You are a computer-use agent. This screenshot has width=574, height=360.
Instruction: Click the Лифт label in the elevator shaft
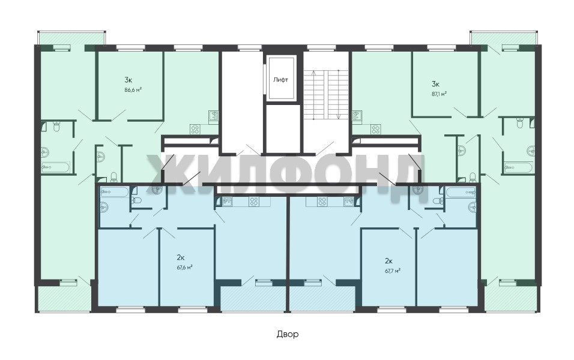(281, 79)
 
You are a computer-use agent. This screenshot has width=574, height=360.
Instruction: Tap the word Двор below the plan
(288, 334)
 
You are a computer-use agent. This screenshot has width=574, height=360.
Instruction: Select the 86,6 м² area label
(133, 89)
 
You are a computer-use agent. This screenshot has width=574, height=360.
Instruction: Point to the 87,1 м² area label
(440, 94)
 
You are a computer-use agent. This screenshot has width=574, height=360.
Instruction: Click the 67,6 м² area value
(185, 267)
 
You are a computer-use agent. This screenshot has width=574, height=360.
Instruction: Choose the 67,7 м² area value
(392, 271)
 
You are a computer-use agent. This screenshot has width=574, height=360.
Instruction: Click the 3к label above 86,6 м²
(128, 79)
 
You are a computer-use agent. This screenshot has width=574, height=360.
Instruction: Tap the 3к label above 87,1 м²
(436, 84)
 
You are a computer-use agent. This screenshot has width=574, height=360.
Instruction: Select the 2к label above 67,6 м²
(181, 257)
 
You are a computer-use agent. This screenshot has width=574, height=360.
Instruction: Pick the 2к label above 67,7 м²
(388, 261)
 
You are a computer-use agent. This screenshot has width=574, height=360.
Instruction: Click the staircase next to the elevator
(326, 94)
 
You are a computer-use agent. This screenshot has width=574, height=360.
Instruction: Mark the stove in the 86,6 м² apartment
(195, 129)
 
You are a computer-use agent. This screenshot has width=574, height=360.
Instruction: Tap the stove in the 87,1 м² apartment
(376, 129)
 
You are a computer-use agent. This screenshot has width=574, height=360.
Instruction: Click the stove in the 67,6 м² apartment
(254, 201)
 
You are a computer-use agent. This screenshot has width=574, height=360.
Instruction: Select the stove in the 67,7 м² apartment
(322, 201)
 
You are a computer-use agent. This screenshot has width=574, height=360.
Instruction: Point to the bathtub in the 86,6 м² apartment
(55, 167)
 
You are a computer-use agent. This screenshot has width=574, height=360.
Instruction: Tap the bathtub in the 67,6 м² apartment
(115, 191)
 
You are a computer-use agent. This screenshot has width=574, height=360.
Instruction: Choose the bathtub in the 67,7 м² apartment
(461, 191)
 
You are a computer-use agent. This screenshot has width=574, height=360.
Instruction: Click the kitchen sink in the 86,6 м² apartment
(214, 116)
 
